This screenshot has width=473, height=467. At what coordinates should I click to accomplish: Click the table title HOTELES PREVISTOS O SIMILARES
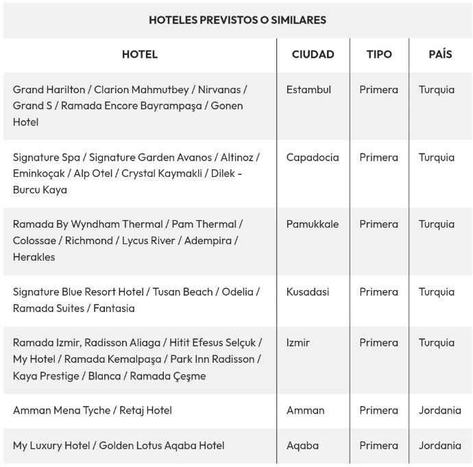(x=237, y=20)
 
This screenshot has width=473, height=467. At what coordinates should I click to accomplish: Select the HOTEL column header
(x=139, y=54)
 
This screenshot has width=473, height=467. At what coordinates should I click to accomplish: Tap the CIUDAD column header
(x=313, y=54)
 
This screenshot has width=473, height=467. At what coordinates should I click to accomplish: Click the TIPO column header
(x=379, y=54)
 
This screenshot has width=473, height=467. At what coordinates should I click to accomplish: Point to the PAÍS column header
(x=440, y=54)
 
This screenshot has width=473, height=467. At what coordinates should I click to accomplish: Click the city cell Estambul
(x=308, y=89)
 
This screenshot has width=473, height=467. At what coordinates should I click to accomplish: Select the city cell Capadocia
(x=313, y=157)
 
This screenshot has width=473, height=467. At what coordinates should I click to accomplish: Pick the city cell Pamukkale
(x=313, y=224)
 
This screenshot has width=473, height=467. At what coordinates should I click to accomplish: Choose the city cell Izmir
(x=298, y=342)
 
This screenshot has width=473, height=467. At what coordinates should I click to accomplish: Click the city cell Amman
(x=305, y=410)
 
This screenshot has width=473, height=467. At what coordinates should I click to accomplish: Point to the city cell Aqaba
(x=302, y=445)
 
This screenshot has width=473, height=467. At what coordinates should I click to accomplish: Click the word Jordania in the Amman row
(x=439, y=410)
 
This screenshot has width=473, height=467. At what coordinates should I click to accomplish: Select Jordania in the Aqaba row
(x=439, y=445)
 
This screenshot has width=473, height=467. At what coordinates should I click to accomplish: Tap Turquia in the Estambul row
(x=437, y=89)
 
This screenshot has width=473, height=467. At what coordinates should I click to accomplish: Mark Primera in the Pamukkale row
(x=378, y=224)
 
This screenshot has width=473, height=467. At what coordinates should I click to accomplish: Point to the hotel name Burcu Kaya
(x=40, y=190)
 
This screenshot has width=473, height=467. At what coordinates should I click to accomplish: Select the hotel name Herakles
(x=34, y=257)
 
